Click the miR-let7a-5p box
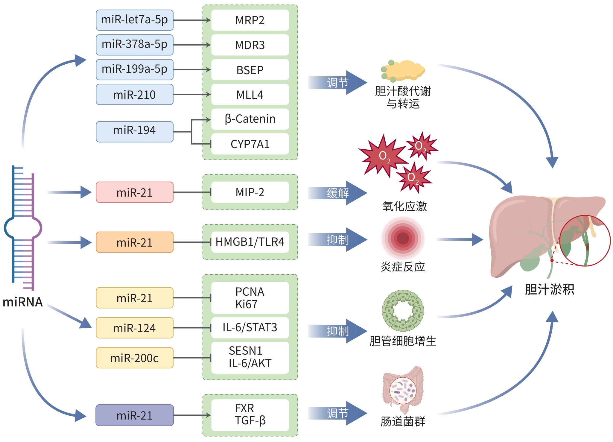coord(134,20)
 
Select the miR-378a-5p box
coord(134,45)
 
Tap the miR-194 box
coord(134,131)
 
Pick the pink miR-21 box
coord(134,192)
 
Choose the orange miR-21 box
coord(134,242)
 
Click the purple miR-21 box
coord(134,415)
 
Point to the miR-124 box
coord(134,328)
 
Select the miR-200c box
coord(134,358)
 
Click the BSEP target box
coord(250,70)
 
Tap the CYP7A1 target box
coord(250,144)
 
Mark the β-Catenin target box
coord(250,119)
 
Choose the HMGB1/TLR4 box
coord(250,242)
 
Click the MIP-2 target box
coord(250,192)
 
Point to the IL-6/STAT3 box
coord(250,327)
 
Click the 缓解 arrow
coord(337,193)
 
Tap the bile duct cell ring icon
coord(403,310)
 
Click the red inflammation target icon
coord(403,238)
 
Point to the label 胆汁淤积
coord(549,289)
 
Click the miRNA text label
coord(23,302)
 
